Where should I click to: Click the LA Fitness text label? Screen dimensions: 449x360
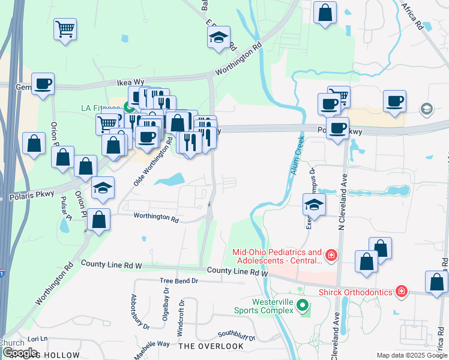point(101,108)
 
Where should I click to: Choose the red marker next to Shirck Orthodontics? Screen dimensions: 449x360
point(401,292)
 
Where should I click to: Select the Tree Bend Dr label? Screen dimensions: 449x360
point(179,281)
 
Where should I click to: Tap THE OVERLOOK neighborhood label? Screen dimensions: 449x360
point(211,346)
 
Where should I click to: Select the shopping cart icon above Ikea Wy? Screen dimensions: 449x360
point(65,28)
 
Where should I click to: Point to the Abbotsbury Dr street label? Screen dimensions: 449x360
point(140,312)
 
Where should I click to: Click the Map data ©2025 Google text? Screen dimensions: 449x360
point(412,355)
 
